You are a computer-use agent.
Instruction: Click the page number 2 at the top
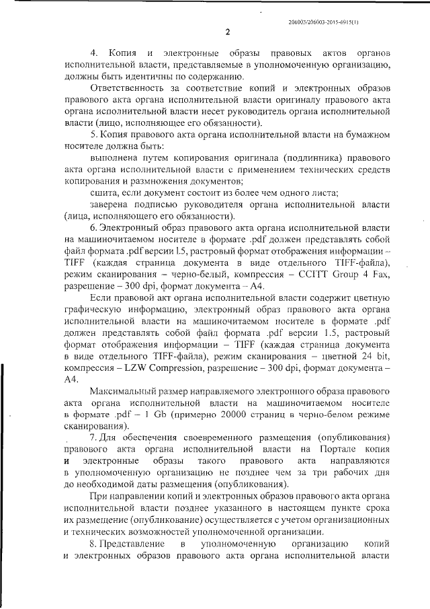pyautogui.click(x=227, y=32)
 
